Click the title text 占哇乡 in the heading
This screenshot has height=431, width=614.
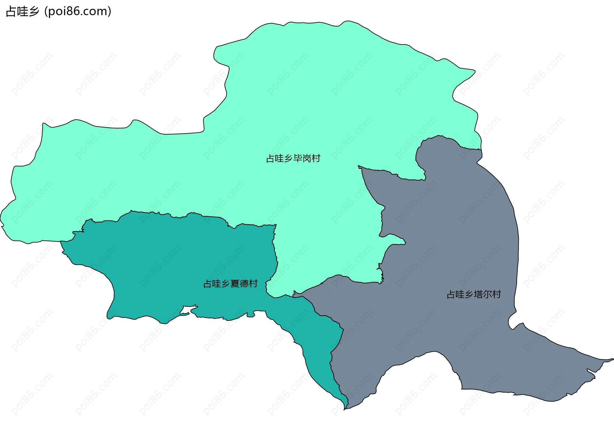tap(22, 12)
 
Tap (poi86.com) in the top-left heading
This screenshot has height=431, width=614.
tap(78, 12)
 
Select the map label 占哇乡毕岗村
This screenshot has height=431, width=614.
tap(293, 159)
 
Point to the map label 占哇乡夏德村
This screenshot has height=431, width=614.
tap(230, 284)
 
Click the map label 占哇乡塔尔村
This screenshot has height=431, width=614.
tap(474, 294)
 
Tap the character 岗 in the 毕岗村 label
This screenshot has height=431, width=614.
tap(307, 159)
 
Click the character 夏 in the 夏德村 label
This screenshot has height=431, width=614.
tap(235, 284)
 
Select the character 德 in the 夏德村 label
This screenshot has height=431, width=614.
tap(244, 284)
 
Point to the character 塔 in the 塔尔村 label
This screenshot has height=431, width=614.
tap(478, 294)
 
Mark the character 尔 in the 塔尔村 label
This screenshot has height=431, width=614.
tap(487, 294)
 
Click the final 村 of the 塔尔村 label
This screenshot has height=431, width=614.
tap(497, 294)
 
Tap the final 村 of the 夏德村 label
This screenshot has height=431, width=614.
tap(253, 284)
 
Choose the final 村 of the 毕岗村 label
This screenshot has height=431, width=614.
tap(316, 159)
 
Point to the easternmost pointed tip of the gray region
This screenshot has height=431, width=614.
tap(612, 359)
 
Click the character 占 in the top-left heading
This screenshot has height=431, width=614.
tap(11, 12)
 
